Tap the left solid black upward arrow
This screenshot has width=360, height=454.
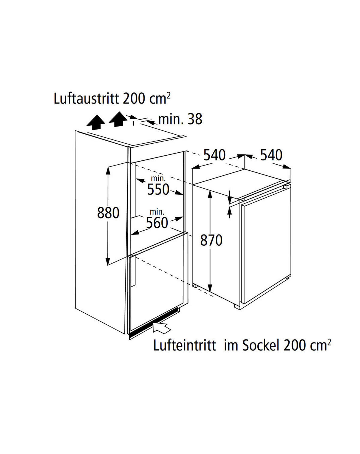click(x=96, y=122)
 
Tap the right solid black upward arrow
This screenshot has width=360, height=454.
click(x=118, y=119)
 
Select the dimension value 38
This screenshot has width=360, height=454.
click(x=195, y=119)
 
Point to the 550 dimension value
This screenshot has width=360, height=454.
click(x=158, y=189)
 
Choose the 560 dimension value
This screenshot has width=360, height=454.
click(x=157, y=223)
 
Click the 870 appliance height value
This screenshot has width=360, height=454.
click(x=211, y=240)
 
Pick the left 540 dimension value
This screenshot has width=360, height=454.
click(x=214, y=155)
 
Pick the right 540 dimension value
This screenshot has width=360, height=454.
click(x=271, y=155)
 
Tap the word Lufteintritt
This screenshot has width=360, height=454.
click(x=184, y=345)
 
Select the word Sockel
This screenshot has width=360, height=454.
click(x=261, y=345)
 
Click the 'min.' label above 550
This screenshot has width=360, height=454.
click(x=158, y=178)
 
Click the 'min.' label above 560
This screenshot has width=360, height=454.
click(x=157, y=212)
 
